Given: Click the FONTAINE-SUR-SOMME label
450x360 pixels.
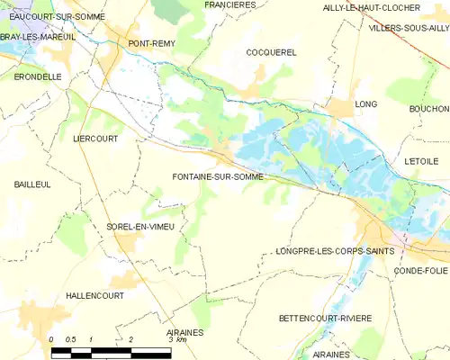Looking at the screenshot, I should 218,177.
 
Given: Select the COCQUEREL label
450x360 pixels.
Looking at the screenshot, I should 271,52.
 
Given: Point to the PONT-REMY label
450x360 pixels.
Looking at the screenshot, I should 151,43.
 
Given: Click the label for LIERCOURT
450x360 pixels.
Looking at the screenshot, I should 96,139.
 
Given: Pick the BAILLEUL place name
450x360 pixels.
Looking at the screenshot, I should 31,184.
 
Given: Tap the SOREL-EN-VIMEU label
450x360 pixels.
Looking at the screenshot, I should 139,227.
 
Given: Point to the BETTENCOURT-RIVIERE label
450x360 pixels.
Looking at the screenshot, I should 324,319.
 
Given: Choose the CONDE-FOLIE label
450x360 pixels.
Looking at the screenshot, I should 420,270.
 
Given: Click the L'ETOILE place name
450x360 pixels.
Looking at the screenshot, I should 420,159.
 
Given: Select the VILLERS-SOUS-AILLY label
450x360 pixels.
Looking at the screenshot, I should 409,28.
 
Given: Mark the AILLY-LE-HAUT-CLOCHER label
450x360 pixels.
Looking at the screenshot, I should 371,7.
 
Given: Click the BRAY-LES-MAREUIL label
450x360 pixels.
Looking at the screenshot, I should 38,36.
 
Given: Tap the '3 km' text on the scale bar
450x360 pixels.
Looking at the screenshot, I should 177,339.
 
